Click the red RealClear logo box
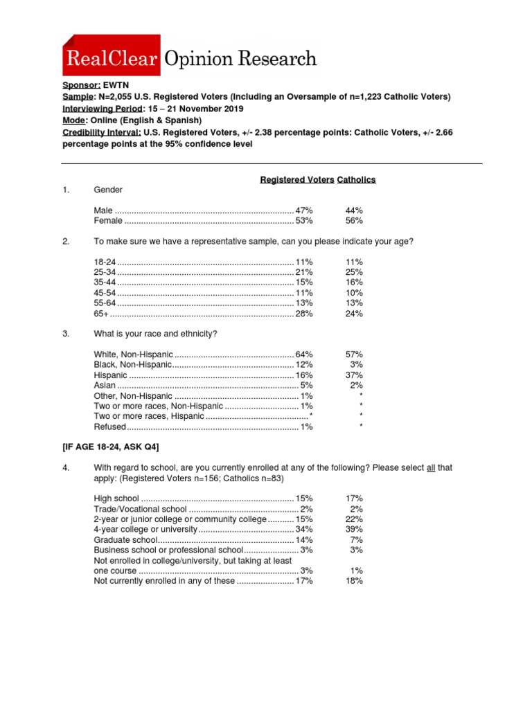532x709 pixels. (x=112, y=55)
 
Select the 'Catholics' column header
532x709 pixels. (x=356, y=179)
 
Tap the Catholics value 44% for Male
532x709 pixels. (x=354, y=210)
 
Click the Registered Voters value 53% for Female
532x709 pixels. (x=304, y=221)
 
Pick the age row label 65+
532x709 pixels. (x=101, y=314)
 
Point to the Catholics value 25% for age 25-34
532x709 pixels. (x=354, y=272)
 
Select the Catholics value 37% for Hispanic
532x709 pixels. (x=354, y=375)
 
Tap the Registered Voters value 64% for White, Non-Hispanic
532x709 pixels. (x=304, y=354)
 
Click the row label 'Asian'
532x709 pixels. (x=105, y=386)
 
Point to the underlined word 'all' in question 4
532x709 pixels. (x=430, y=468)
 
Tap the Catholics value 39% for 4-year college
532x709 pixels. (x=354, y=530)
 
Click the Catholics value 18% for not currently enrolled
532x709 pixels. (x=354, y=582)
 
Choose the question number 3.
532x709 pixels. (x=66, y=334)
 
